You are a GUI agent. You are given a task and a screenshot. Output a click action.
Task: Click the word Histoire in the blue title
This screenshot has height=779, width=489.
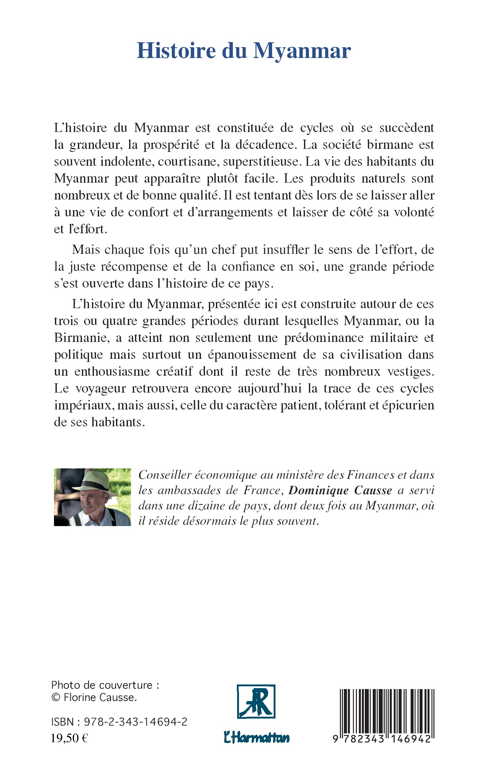tap(176, 51)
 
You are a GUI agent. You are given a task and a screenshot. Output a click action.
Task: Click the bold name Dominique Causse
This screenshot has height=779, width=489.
tap(340, 490)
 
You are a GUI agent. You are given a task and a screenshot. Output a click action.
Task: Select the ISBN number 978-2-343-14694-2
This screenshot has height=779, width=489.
tap(136, 722)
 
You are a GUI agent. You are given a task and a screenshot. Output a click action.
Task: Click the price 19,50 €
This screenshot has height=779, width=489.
tap(70, 738)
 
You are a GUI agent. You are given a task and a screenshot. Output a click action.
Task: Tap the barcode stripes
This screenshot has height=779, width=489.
tap(387, 711)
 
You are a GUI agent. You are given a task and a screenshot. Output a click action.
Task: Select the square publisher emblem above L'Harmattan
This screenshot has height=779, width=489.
tap(256, 702)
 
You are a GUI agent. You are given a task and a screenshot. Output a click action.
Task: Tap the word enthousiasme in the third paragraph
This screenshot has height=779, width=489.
tap(112, 371)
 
